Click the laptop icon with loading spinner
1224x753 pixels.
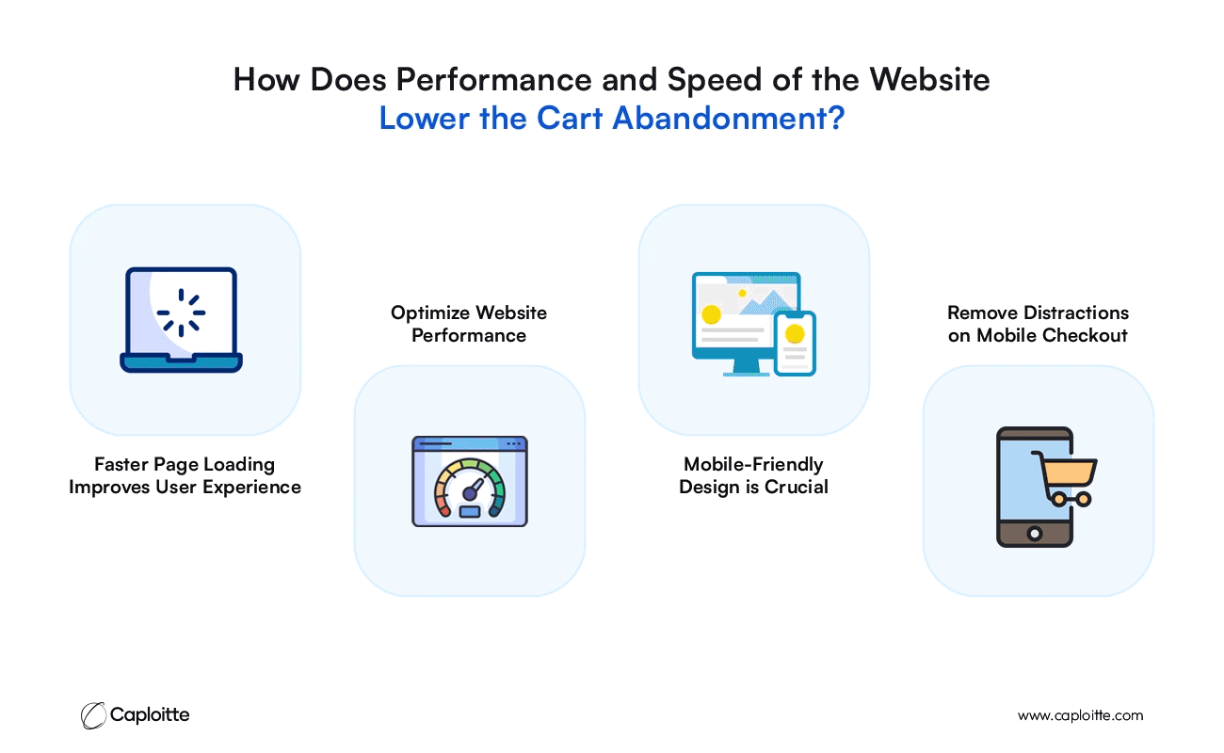click(181, 320)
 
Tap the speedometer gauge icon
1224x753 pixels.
click(470, 481)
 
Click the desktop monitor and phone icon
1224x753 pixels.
click(754, 324)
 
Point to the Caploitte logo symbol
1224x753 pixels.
click(93, 715)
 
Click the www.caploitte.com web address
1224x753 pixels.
click(1080, 715)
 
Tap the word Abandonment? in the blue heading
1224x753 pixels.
click(729, 118)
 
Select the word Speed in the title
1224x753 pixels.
click(715, 81)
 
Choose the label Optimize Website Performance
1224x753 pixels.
click(469, 324)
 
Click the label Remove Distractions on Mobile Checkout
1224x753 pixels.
click(1038, 324)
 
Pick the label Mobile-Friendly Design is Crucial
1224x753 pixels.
click(753, 475)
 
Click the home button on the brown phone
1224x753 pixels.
click(1035, 533)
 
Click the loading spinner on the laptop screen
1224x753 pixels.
click(181, 312)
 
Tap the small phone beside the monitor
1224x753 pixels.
click(795, 344)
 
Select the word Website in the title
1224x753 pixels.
click(929, 80)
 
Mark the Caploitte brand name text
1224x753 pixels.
click(150, 714)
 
